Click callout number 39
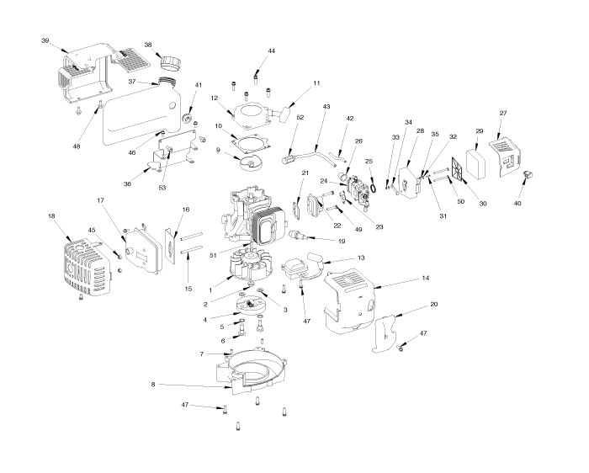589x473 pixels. pos(45,40)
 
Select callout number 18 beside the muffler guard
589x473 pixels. pos(52,216)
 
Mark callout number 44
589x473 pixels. pos(272,51)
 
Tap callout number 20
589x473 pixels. pos(433,304)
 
